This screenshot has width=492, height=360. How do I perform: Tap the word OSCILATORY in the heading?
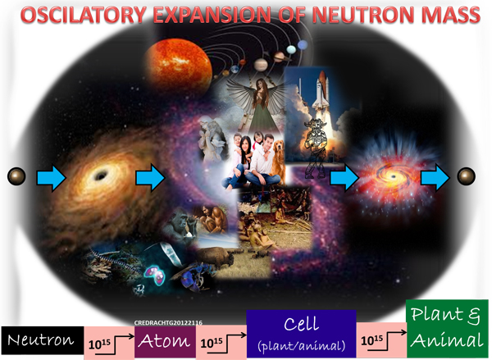coord(84,15)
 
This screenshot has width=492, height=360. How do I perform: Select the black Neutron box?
coord(43,340)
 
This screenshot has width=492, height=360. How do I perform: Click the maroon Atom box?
coord(166,341)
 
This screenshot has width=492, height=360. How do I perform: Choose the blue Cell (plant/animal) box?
coord(301,334)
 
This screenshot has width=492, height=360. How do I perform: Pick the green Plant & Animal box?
coord(447,329)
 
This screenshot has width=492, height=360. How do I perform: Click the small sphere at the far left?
coord(16,176)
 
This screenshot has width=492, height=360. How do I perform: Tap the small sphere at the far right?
coord(467,176)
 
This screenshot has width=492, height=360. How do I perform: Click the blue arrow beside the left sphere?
coord(52,178)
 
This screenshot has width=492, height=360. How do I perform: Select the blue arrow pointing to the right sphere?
coord(435,178)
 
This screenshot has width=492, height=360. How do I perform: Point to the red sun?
coord(178,66)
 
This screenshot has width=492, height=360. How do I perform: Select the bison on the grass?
coord(216,256)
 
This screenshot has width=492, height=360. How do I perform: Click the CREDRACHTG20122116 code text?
coord(168,322)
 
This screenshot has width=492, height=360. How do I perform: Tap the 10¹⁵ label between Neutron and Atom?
coord(99,344)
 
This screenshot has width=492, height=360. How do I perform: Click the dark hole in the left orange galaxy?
coord(101,175)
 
